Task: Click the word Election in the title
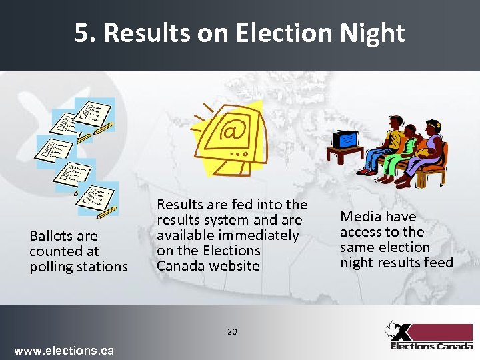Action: pyautogui.click(x=289, y=33)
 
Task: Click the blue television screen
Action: pyautogui.click(x=347, y=138)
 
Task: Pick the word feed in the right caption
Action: pyautogui.click(x=437, y=263)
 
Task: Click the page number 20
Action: pyautogui.click(x=232, y=331)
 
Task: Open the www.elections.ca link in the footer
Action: pyautogui.click(x=64, y=351)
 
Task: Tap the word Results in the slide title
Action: pyautogui.click(x=146, y=33)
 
